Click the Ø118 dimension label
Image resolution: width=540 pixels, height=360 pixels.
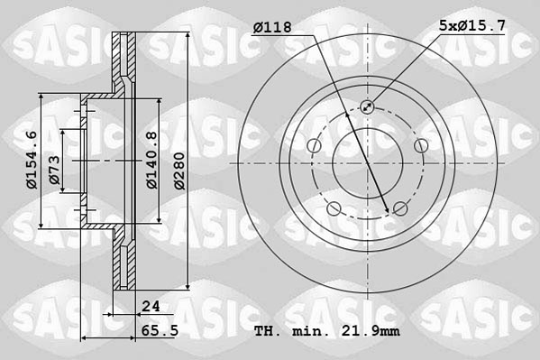(x=272, y=29)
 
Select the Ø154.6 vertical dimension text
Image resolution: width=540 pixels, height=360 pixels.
(x=32, y=160)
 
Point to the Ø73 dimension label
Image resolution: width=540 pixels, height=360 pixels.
(x=54, y=170)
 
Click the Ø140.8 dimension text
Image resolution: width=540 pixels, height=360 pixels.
(x=152, y=160)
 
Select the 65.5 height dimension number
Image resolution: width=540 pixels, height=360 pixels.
(x=157, y=332)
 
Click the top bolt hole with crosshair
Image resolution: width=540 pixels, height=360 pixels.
(x=366, y=107)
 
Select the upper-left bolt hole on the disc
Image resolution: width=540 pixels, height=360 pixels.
(x=313, y=146)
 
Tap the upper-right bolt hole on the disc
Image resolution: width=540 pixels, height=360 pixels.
(x=419, y=146)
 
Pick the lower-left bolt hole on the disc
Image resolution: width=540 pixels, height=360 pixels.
(x=334, y=209)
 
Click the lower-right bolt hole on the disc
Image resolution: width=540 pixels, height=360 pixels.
(x=399, y=209)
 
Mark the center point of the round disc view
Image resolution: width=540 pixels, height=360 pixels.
(x=366, y=163)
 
